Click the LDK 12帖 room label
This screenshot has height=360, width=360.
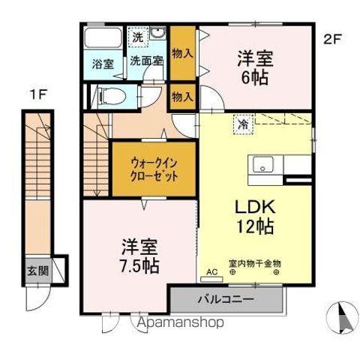click(x=256, y=215)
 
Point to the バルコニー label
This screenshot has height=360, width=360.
click(x=226, y=300)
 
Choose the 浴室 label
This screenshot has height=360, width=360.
click(x=103, y=64)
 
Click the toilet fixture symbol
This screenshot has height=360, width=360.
click(x=109, y=95)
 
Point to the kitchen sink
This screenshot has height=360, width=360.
click(x=264, y=164)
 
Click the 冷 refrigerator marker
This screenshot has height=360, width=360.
click(x=243, y=123)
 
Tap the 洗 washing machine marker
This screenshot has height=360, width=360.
click(x=138, y=37)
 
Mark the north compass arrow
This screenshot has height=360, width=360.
click(x=341, y=318)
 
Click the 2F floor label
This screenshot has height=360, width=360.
click(x=333, y=39)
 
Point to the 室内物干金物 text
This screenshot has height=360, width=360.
click(x=254, y=264)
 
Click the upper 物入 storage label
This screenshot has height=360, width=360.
click(x=182, y=53)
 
